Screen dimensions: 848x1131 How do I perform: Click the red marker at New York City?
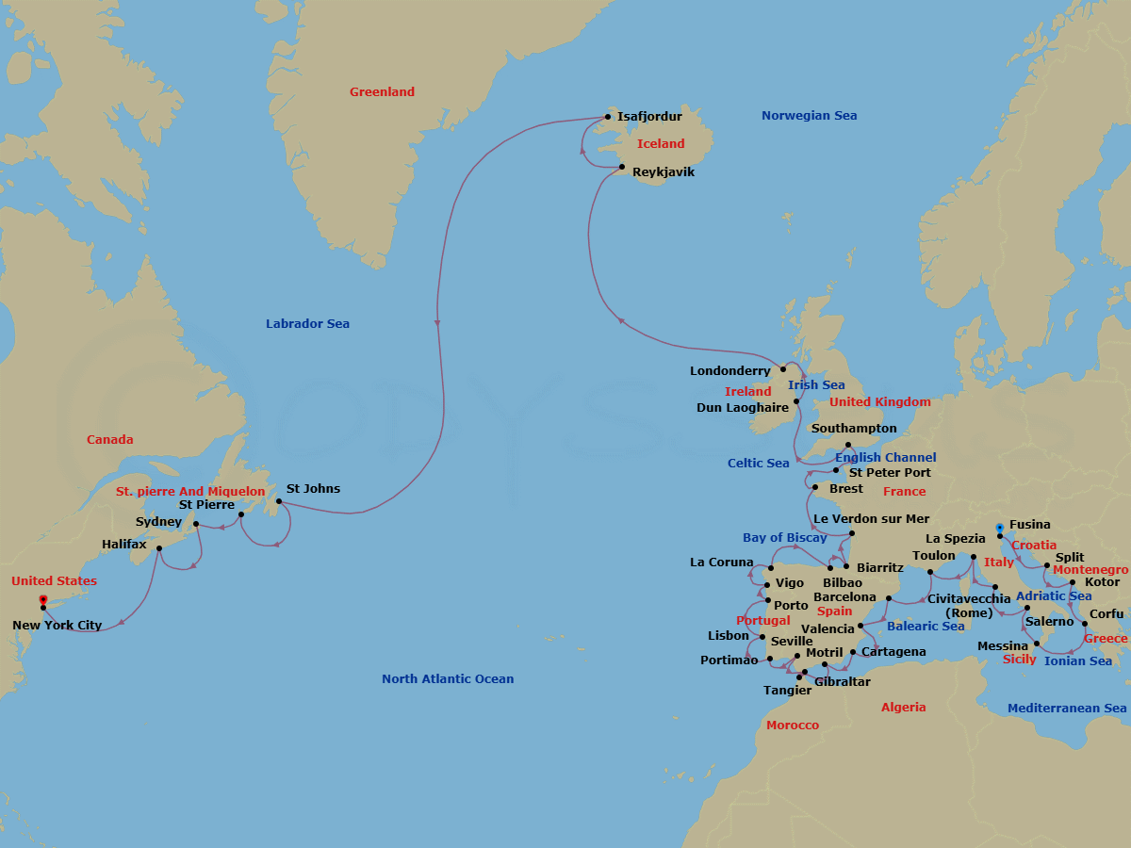pyautogui.click(x=43, y=600)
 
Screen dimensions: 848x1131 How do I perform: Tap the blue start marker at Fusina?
pyautogui.click(x=999, y=529)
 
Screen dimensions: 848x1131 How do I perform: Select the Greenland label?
pyautogui.click(x=382, y=92)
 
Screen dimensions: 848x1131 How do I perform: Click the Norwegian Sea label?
pyautogui.click(x=809, y=116)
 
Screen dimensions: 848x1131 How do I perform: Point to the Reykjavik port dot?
pyautogui.click(x=622, y=168)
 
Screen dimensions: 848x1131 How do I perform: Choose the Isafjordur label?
pyautogui.click(x=649, y=117)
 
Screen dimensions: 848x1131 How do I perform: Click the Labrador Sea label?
pyautogui.click(x=307, y=324)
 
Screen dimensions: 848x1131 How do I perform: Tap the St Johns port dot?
pyautogui.click(x=279, y=501)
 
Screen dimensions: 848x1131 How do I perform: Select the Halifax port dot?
pyautogui.click(x=159, y=548)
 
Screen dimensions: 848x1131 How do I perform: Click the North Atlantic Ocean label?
pyautogui.click(x=448, y=679)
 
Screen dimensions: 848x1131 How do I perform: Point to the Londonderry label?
pyautogui.click(x=729, y=371)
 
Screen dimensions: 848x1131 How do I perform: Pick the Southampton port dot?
pyautogui.click(x=848, y=445)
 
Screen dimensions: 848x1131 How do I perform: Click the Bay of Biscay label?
pyautogui.click(x=784, y=538)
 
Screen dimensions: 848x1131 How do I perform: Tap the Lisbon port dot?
pyautogui.click(x=762, y=638)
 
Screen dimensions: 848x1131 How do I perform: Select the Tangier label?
pyautogui.click(x=787, y=691)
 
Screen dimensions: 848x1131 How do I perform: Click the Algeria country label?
pyautogui.click(x=903, y=708)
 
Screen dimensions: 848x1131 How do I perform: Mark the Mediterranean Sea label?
pyautogui.click(x=1066, y=709)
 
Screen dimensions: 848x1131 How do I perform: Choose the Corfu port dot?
pyautogui.click(x=1085, y=624)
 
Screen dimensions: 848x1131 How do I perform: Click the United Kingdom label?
pyautogui.click(x=879, y=402)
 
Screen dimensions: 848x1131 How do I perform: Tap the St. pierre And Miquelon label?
pyautogui.click(x=190, y=492)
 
